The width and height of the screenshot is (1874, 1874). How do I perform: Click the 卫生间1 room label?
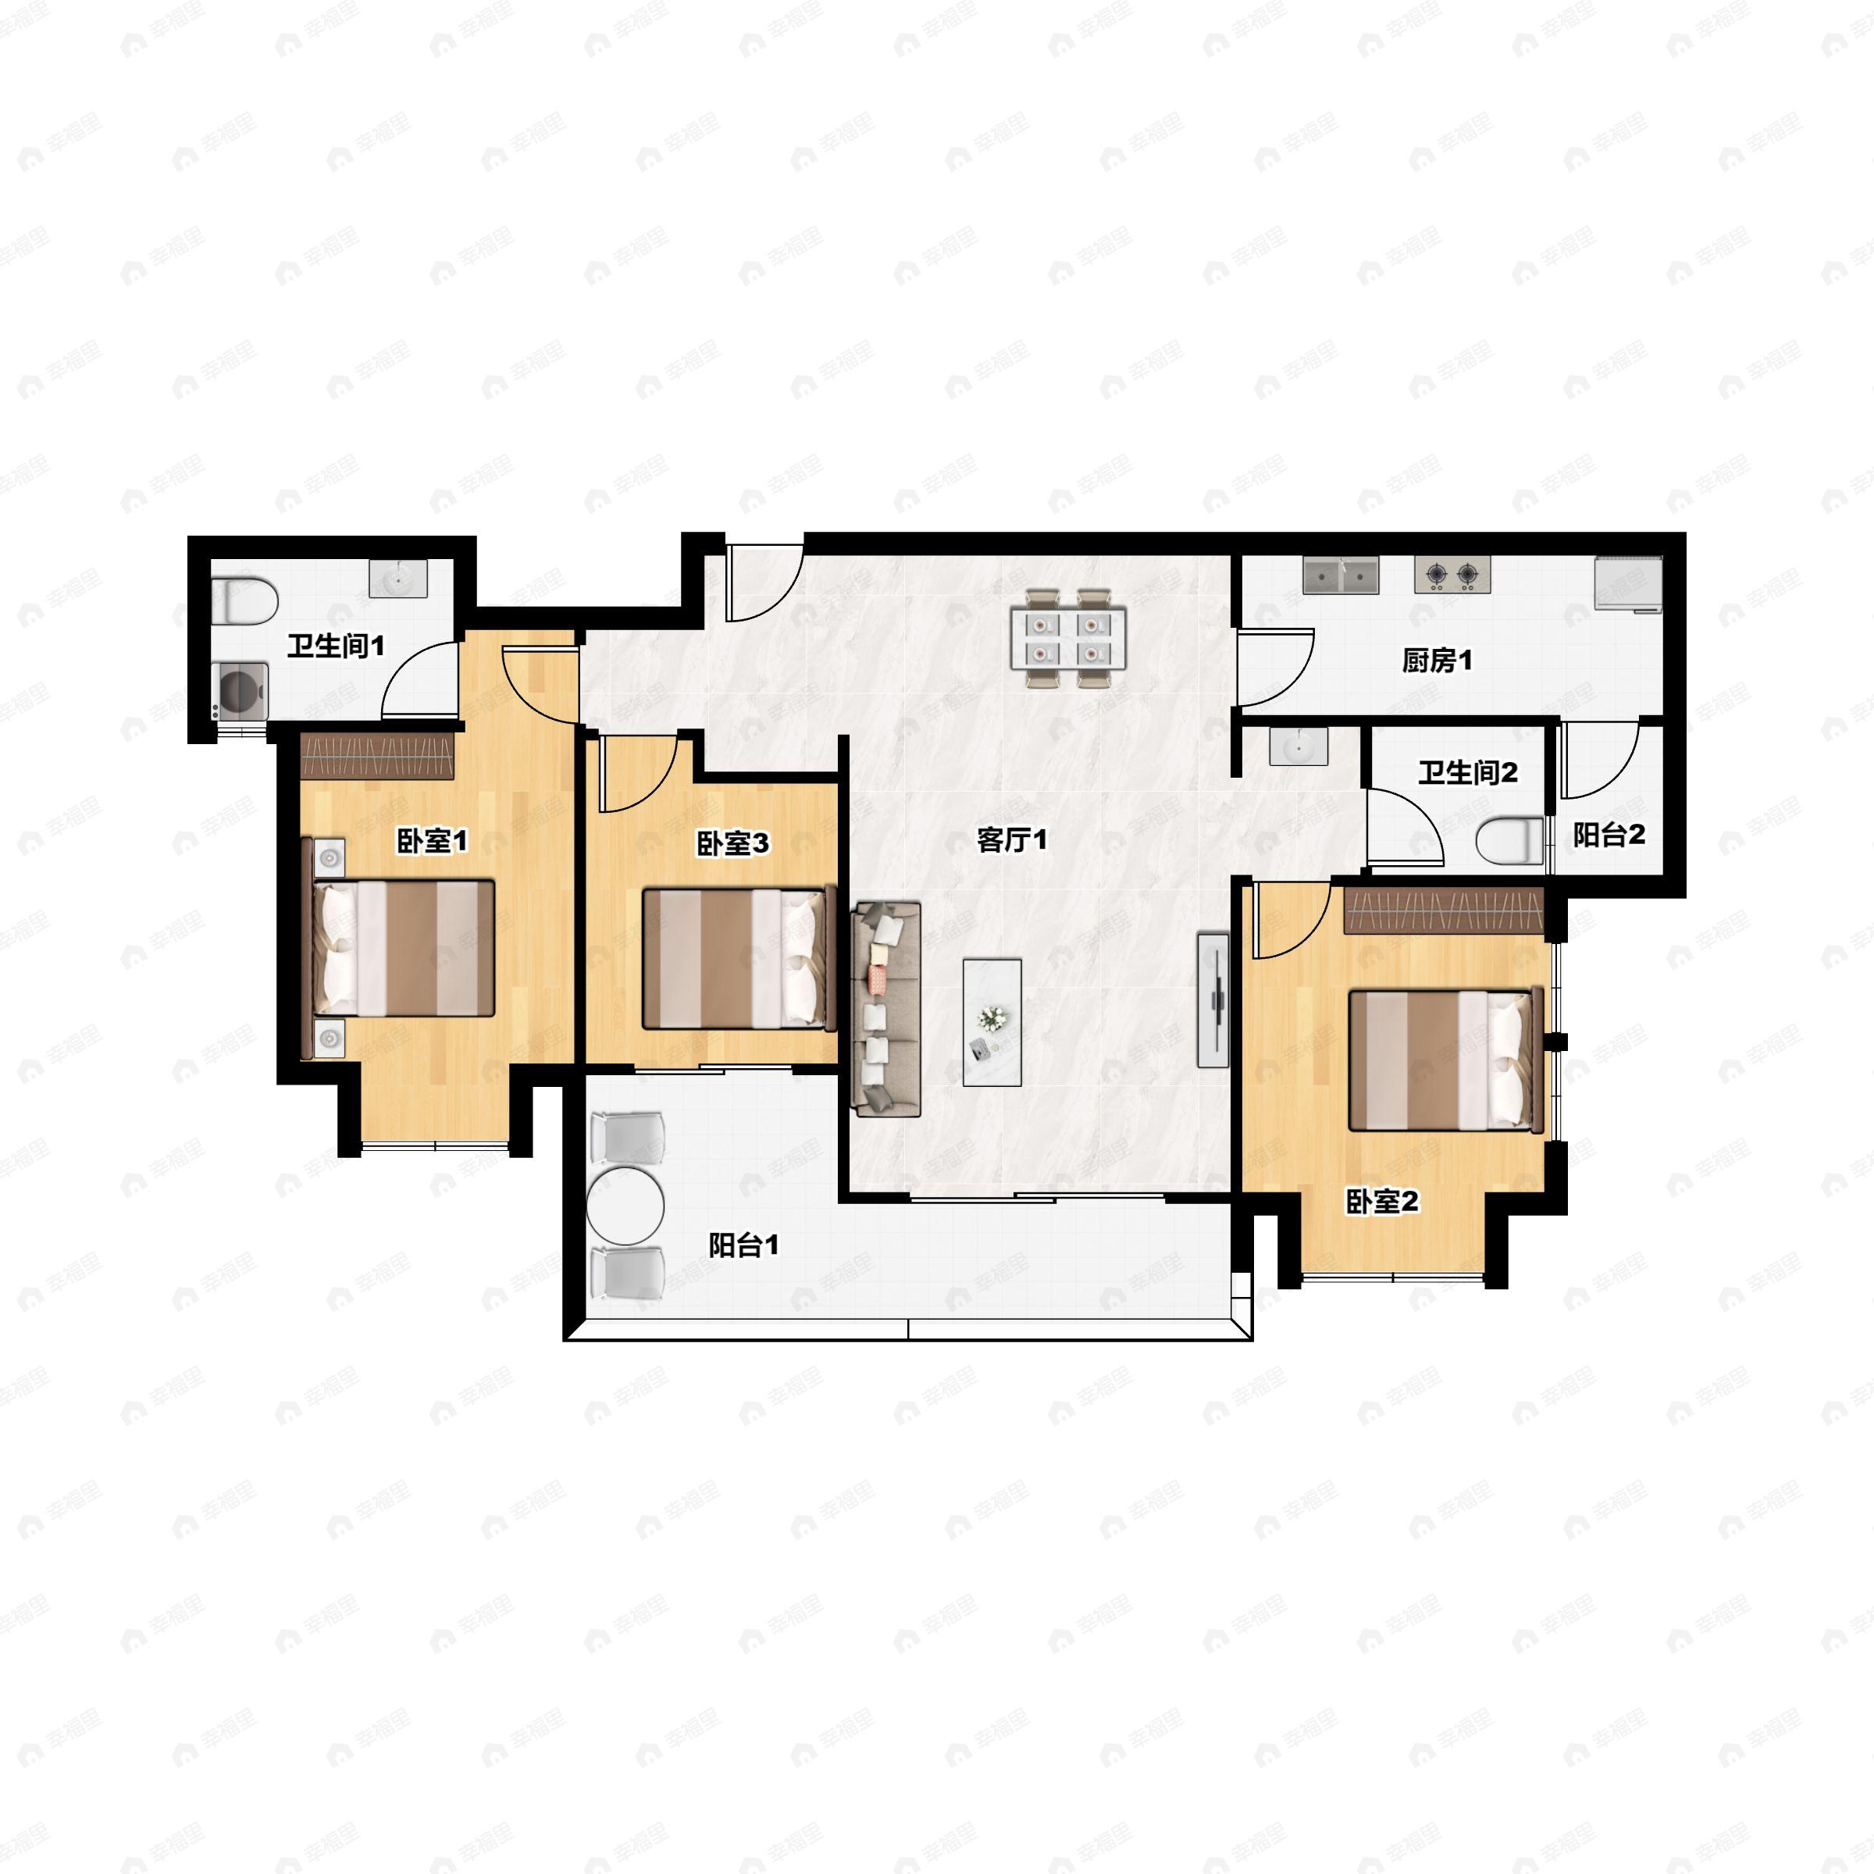(x=336, y=646)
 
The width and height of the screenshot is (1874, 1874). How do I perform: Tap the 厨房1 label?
(x=1437, y=661)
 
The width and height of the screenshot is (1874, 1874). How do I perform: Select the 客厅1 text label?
(x=1012, y=840)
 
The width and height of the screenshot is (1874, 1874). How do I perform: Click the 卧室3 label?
(x=732, y=844)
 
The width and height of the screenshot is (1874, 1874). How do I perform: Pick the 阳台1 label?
(x=743, y=1245)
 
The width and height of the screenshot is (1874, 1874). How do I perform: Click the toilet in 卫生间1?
(x=244, y=600)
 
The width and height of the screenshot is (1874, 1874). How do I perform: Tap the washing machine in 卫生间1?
(x=240, y=690)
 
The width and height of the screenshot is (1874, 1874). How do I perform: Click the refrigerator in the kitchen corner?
(x=1629, y=585)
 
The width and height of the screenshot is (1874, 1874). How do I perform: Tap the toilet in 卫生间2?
(x=1509, y=840)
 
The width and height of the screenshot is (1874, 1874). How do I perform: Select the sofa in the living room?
(x=885, y=1009)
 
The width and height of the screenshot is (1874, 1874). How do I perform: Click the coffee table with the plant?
(x=992, y=1022)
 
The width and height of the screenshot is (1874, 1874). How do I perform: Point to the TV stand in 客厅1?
(x=1213, y=1000)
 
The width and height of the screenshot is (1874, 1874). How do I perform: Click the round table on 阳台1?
(x=625, y=1206)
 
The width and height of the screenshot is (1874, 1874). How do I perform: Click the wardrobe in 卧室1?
(x=377, y=757)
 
